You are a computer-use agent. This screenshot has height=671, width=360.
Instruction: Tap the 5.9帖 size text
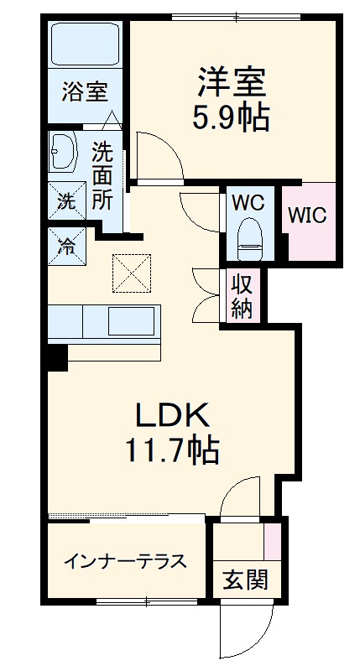232,118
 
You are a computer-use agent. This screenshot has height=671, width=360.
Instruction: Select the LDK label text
170,414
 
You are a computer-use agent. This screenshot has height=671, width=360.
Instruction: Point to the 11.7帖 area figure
171,451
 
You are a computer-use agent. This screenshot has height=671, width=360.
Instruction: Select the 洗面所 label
102,176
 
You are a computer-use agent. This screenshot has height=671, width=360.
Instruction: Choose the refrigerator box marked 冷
65,245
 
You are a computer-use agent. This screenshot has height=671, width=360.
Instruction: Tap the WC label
248,202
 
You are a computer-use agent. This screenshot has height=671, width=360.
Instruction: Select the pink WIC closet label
307,214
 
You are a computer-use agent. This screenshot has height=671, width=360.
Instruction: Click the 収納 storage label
242,295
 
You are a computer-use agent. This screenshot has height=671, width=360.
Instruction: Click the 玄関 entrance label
246,580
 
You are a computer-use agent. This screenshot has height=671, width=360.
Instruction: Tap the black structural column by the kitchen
56,356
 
